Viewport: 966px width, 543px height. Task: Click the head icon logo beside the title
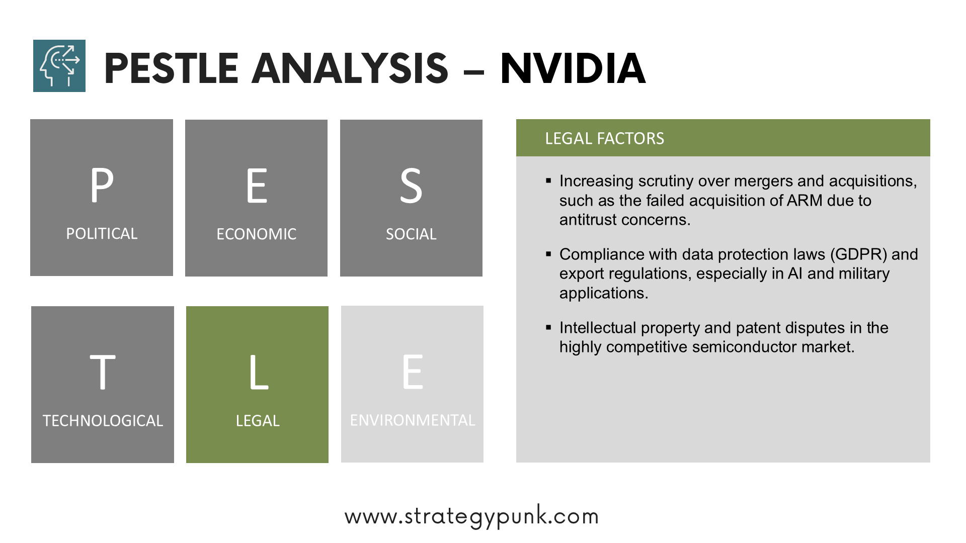pos(59,66)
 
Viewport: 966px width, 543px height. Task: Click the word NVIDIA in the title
pos(573,68)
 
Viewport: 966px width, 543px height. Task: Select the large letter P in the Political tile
pos(102,185)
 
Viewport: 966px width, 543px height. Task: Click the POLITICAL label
pos(102,234)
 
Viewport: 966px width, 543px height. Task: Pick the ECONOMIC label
pos(257,234)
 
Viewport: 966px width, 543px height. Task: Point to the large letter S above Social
pos(411,186)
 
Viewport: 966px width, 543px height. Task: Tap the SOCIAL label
pos(411,234)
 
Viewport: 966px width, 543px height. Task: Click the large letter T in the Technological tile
pos(103,372)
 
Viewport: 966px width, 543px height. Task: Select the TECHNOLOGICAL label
pos(103,421)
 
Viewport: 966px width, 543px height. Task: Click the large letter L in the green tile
pos(259,372)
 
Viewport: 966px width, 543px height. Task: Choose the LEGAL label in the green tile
pos(258,421)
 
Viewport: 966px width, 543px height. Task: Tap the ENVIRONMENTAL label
pos(413,420)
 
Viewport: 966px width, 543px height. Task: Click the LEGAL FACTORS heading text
pos(605,138)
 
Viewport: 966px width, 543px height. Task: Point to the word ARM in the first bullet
pos(805,201)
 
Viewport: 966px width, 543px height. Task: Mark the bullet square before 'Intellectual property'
pos(549,327)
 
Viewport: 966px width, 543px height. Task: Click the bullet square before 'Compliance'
pos(549,254)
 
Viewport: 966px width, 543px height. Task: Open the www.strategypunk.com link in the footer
pos(472,516)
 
